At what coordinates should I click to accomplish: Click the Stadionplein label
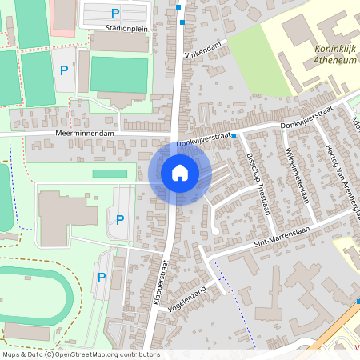click(x=122, y=26)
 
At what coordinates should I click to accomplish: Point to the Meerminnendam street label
click(x=86, y=133)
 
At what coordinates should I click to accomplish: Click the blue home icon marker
click(x=180, y=172)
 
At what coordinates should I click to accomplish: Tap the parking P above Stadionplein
click(x=115, y=13)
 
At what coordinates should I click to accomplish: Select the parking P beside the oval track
click(x=102, y=278)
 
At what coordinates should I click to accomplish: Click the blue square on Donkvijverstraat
click(x=234, y=136)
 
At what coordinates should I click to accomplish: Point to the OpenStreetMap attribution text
click(x=81, y=354)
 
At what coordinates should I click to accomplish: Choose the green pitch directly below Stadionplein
click(x=119, y=74)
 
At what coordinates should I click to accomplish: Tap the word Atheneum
click(x=329, y=59)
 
